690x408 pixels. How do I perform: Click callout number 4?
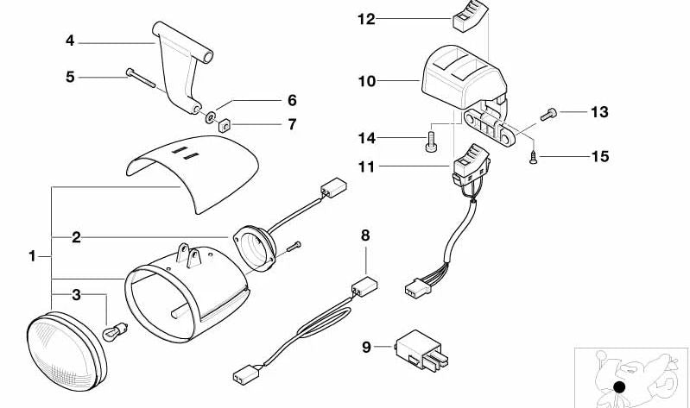71,40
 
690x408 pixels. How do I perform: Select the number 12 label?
366,18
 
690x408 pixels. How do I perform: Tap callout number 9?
366,347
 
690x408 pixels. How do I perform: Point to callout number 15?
599,156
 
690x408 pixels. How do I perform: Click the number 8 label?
365,235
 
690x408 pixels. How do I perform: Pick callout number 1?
32,256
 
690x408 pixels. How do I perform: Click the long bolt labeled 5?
141,78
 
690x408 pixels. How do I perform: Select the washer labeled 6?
210,115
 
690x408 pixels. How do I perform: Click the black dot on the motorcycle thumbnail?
618,387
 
